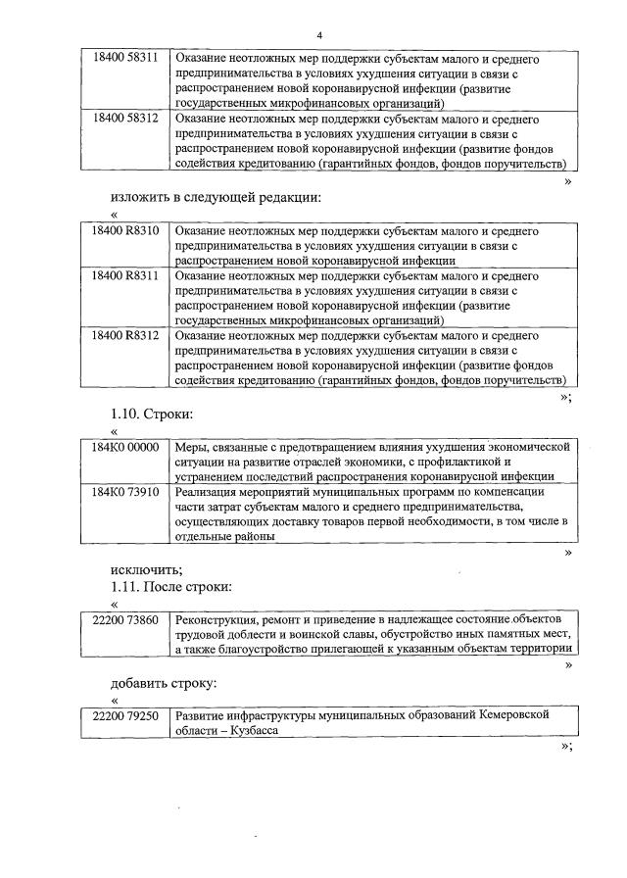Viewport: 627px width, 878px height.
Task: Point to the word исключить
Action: tap(146, 569)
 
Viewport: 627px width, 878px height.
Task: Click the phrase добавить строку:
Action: tap(163, 682)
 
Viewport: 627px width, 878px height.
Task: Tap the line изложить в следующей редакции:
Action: tap(216, 197)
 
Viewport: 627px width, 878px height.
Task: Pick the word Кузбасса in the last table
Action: tap(233, 731)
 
